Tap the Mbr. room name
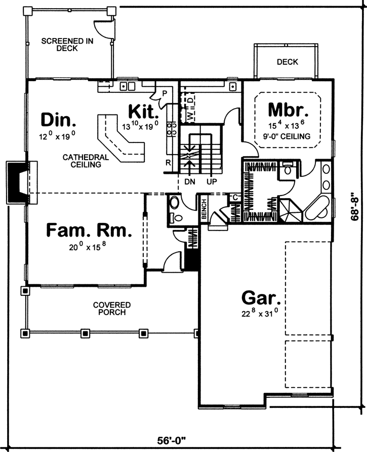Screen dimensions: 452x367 [x=288, y=109]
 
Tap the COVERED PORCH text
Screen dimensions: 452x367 [x=111, y=309]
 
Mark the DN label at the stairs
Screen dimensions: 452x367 [x=190, y=181]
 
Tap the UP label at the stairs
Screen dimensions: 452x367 [x=212, y=181]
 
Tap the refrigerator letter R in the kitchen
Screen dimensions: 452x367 [x=168, y=163]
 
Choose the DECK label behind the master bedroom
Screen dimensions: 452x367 [x=287, y=62]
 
